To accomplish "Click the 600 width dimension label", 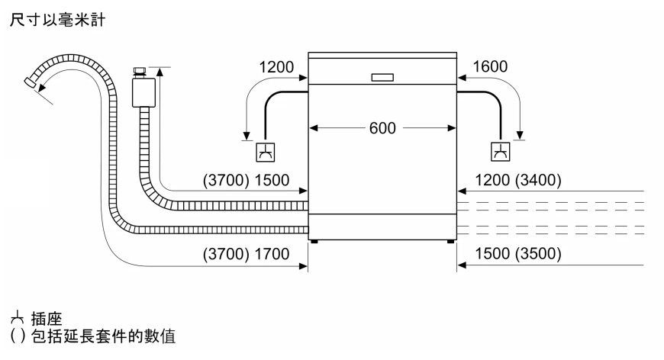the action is [x=382, y=128].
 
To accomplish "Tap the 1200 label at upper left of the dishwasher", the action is [x=276, y=67].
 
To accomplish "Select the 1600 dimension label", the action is [x=490, y=66].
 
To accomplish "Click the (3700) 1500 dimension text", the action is [x=246, y=180].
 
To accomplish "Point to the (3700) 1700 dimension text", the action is [x=246, y=254].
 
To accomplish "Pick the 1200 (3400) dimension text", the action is [x=518, y=180].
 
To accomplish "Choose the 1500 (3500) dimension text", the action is [x=518, y=253].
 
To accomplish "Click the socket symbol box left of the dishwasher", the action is [x=266, y=153].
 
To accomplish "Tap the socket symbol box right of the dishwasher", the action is [x=500, y=152].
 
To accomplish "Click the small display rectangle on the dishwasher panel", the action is [x=382, y=77].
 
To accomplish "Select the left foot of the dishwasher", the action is [x=314, y=242].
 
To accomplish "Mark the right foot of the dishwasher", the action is [x=450, y=242].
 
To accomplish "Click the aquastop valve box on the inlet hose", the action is [x=143, y=92].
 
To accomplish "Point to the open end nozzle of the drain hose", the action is [x=30, y=82].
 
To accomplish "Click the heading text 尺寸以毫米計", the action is [x=57, y=20].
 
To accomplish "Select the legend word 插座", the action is [x=47, y=319].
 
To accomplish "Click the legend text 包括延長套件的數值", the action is [x=103, y=336].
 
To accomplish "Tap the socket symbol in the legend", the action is [x=18, y=318].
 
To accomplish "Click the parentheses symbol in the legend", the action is [x=18, y=336].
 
